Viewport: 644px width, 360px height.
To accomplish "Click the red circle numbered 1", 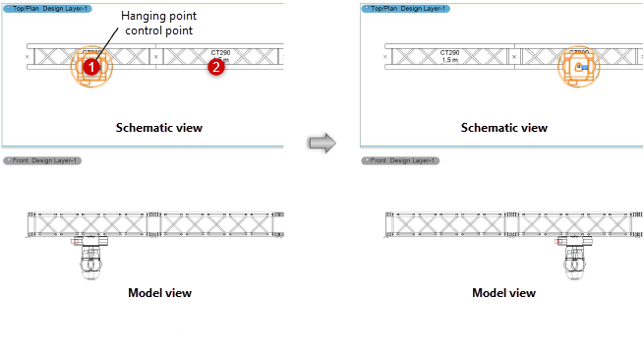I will pos(89,67).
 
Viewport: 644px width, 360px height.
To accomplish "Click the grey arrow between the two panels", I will pos(322,144).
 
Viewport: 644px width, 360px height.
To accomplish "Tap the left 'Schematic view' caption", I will pos(153,128).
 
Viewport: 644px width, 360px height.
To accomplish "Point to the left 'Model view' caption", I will pos(159,292).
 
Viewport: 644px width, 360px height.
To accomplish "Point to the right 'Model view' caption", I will pos(503,292).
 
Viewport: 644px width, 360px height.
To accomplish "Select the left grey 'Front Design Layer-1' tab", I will pos(43,160).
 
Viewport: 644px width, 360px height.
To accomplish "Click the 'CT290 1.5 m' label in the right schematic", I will pos(448,55).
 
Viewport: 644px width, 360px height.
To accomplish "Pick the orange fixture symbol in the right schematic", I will pos(579,68).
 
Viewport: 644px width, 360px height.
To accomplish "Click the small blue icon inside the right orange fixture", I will pos(580,67).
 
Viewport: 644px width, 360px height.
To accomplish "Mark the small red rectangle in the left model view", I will pos(76,240).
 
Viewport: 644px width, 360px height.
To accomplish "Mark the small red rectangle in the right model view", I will pos(562,240).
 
